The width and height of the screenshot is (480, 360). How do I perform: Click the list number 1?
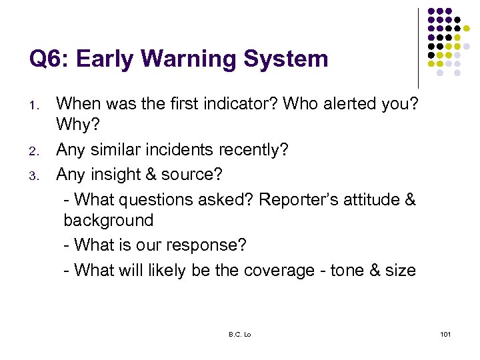(37, 105)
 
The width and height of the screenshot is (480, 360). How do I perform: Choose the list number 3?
(37, 175)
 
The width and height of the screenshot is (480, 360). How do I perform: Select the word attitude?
(366, 199)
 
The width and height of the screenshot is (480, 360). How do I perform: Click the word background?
(109, 221)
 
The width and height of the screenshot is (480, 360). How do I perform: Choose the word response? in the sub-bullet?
(206, 245)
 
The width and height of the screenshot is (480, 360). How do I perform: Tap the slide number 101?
(445, 334)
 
